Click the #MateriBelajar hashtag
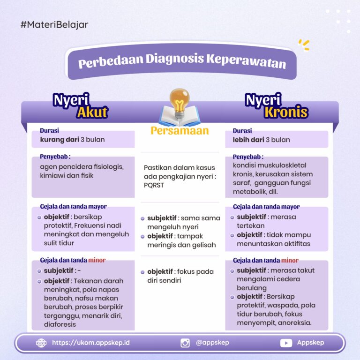[54, 24]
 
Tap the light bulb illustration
[180, 100]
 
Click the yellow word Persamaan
[180, 131]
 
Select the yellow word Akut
[92, 112]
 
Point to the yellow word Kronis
[286, 112]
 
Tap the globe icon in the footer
[41, 343]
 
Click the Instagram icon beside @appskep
[185, 343]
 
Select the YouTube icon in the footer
[286, 343]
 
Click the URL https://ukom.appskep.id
[91, 343]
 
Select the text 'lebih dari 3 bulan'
[261, 140]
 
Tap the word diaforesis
[60, 324]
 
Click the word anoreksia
[295, 322]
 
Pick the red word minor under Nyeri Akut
[96, 260]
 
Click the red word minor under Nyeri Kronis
[289, 260]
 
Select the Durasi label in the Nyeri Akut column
[50, 131]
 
